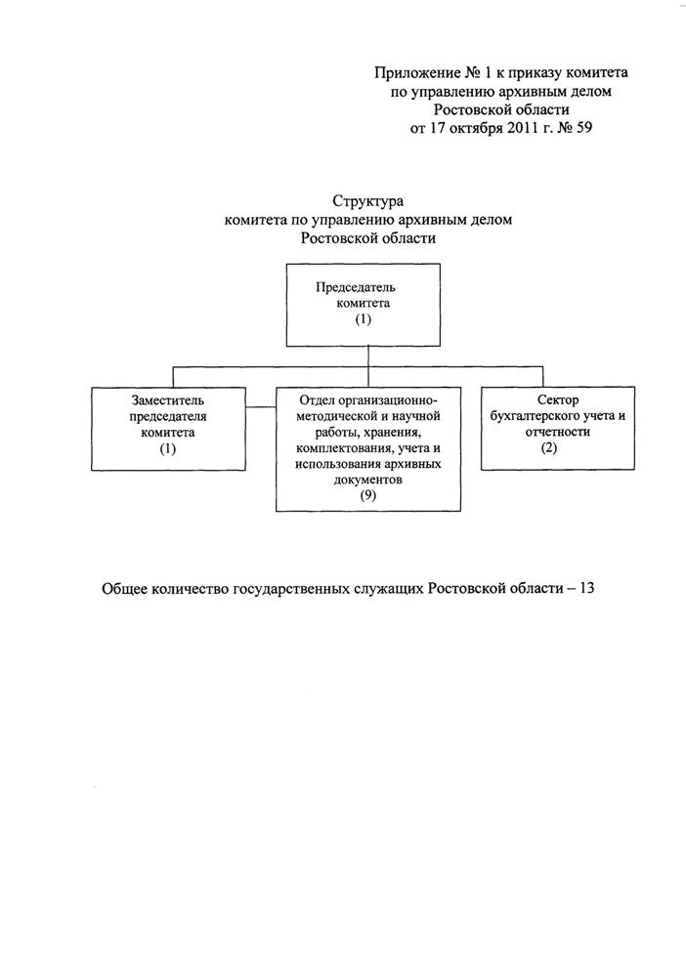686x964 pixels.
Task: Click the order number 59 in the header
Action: pyautogui.click(x=582, y=128)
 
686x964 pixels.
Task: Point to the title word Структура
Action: pyautogui.click(x=367, y=201)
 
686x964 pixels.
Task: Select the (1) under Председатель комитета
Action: pyautogui.click(x=363, y=319)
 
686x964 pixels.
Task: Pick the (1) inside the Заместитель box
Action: pyautogui.click(x=168, y=449)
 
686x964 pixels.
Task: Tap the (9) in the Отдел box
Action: pyautogui.click(x=367, y=495)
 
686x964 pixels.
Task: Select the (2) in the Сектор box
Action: pyautogui.click(x=549, y=448)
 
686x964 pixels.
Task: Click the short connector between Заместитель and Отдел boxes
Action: pyautogui.click(x=261, y=407)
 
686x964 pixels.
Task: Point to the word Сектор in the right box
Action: pyautogui.click(x=557, y=400)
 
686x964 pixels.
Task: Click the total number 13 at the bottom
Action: pyautogui.click(x=586, y=588)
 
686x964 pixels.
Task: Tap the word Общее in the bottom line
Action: pyautogui.click(x=124, y=589)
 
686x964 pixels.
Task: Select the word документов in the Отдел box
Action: pyautogui.click(x=367, y=481)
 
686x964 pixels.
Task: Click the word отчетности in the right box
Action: pyautogui.click(x=557, y=433)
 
